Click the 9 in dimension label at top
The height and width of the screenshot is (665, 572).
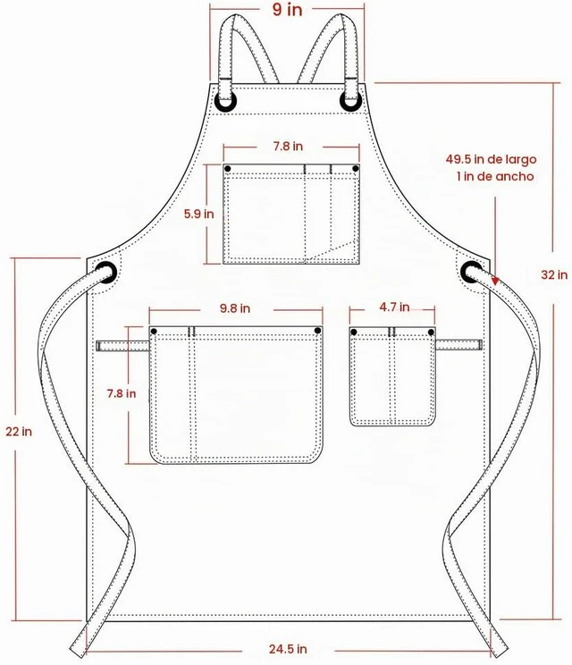(287, 9)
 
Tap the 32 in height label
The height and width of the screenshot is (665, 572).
(554, 274)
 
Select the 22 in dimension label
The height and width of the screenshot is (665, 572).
(19, 432)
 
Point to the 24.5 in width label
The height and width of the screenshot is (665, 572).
(288, 648)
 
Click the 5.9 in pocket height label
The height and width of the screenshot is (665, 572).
(198, 214)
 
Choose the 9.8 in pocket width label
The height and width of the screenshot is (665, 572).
(235, 308)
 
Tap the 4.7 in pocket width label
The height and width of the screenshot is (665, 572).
(394, 307)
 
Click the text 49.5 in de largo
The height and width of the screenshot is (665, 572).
(491, 159)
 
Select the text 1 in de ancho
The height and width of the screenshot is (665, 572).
(495, 176)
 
